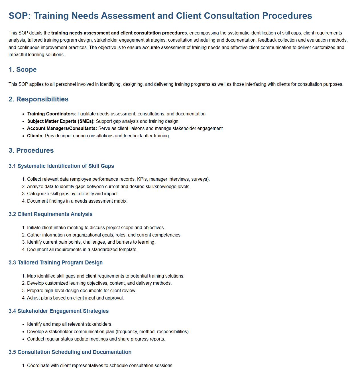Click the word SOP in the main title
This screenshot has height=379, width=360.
[19, 16]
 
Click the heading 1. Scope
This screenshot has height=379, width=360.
[23, 70]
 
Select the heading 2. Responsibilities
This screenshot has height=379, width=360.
[38, 99]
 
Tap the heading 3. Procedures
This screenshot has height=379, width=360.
[31, 150]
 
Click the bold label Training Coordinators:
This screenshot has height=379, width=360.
[52, 114]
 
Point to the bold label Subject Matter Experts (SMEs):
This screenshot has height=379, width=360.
[61, 121]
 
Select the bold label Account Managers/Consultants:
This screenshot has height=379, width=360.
[62, 129]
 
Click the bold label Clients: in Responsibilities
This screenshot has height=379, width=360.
[35, 136]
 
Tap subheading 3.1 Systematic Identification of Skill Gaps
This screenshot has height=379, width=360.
[61, 166]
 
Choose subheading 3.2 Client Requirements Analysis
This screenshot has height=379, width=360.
[50, 214]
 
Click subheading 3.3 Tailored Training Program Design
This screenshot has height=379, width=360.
[56, 263]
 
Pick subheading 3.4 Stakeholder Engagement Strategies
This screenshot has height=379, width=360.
[58, 311]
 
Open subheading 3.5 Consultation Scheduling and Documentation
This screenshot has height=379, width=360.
[70, 352]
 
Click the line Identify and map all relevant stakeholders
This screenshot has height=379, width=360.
[70, 324]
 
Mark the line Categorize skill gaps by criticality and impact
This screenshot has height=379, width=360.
[73, 194]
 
